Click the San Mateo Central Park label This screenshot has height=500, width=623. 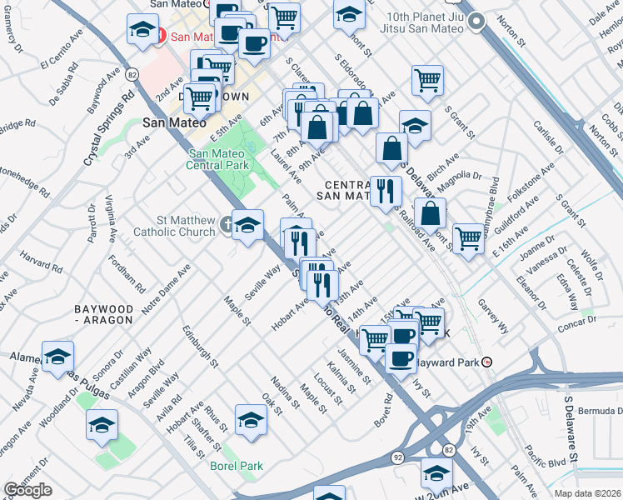point(219,159)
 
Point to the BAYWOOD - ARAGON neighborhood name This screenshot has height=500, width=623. point(102,313)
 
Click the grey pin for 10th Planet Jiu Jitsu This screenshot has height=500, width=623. point(476,23)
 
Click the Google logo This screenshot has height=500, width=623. point(27,490)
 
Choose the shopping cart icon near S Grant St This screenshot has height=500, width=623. point(427,80)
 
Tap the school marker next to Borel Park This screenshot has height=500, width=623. point(250,420)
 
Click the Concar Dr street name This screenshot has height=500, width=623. point(579,326)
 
